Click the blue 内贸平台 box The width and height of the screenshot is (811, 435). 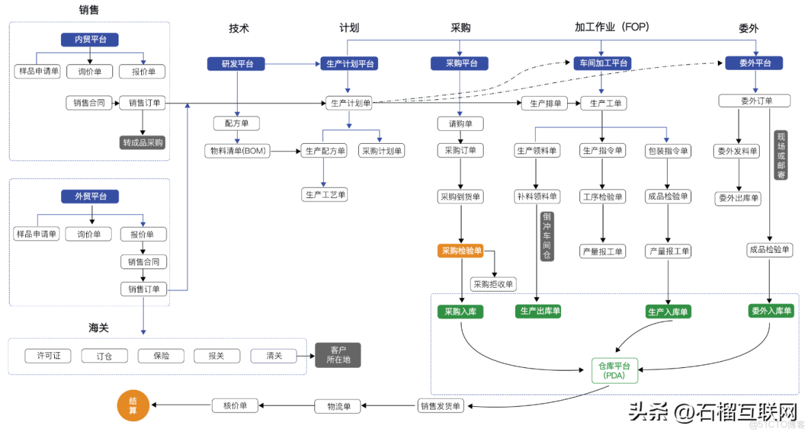click(90, 40)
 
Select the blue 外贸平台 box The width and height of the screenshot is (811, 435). click(90, 197)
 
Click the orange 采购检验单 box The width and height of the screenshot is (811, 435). click(461, 251)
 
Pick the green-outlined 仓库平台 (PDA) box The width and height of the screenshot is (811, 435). click(614, 370)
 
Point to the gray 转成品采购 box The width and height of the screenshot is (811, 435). click(142, 142)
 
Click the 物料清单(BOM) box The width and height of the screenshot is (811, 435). click(238, 151)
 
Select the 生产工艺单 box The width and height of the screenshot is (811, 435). click(325, 195)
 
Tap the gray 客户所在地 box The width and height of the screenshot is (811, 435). click(338, 355)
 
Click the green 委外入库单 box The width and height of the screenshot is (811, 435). click(771, 311)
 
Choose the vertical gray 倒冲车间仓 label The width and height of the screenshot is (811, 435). click(547, 236)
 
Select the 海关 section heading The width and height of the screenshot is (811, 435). click(99, 327)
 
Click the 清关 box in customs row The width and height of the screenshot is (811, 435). click(273, 356)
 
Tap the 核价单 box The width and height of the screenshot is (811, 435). click(235, 405)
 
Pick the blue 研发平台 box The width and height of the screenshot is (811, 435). click(236, 64)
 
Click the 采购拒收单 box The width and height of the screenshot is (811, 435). click(493, 284)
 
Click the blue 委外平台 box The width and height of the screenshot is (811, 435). click(756, 63)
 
